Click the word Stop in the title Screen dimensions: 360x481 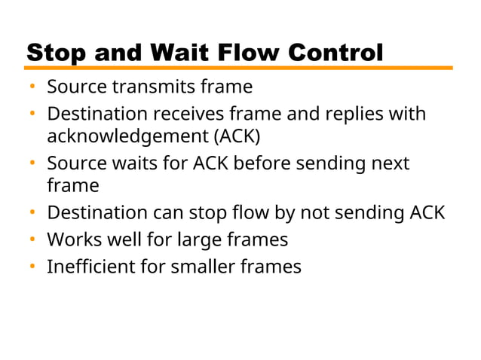(55, 53)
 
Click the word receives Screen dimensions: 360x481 (191, 115)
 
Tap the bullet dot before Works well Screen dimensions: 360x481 (33, 240)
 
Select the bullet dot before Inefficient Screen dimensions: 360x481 (33, 267)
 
